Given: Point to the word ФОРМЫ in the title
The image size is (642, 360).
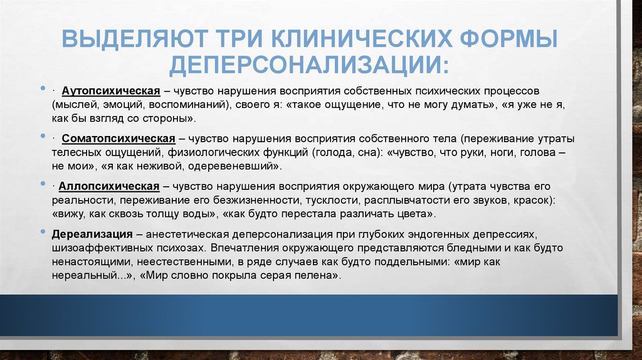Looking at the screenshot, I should click(505, 40).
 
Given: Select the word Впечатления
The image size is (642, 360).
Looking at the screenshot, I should click(238, 247).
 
